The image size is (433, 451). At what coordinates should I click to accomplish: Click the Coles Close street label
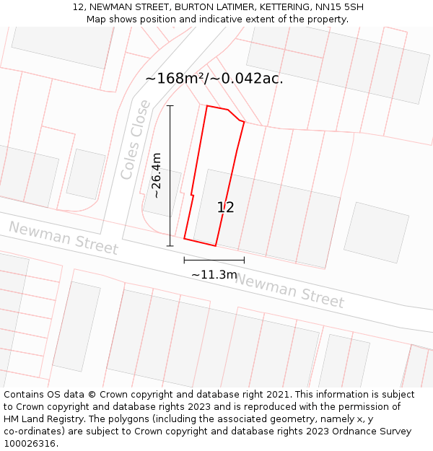tap(136, 140)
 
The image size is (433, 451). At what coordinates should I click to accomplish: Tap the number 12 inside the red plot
tap(225, 207)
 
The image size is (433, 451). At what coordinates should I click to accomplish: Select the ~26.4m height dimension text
tap(156, 175)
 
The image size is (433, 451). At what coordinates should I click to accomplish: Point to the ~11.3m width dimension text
tap(214, 274)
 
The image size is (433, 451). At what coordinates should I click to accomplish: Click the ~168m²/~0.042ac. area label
tap(214, 78)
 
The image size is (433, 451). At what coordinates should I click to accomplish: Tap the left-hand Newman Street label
tap(63, 238)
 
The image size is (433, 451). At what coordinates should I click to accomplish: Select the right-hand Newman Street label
tap(289, 290)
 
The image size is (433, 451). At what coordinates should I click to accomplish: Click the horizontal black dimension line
tap(214, 260)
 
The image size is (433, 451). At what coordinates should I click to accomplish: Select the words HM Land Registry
tap(43, 419)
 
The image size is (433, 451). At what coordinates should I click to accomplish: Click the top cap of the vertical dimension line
tap(170, 106)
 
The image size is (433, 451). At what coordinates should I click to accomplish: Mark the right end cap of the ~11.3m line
tap(244, 260)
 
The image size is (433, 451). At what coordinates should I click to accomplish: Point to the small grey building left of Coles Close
tap(86, 174)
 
